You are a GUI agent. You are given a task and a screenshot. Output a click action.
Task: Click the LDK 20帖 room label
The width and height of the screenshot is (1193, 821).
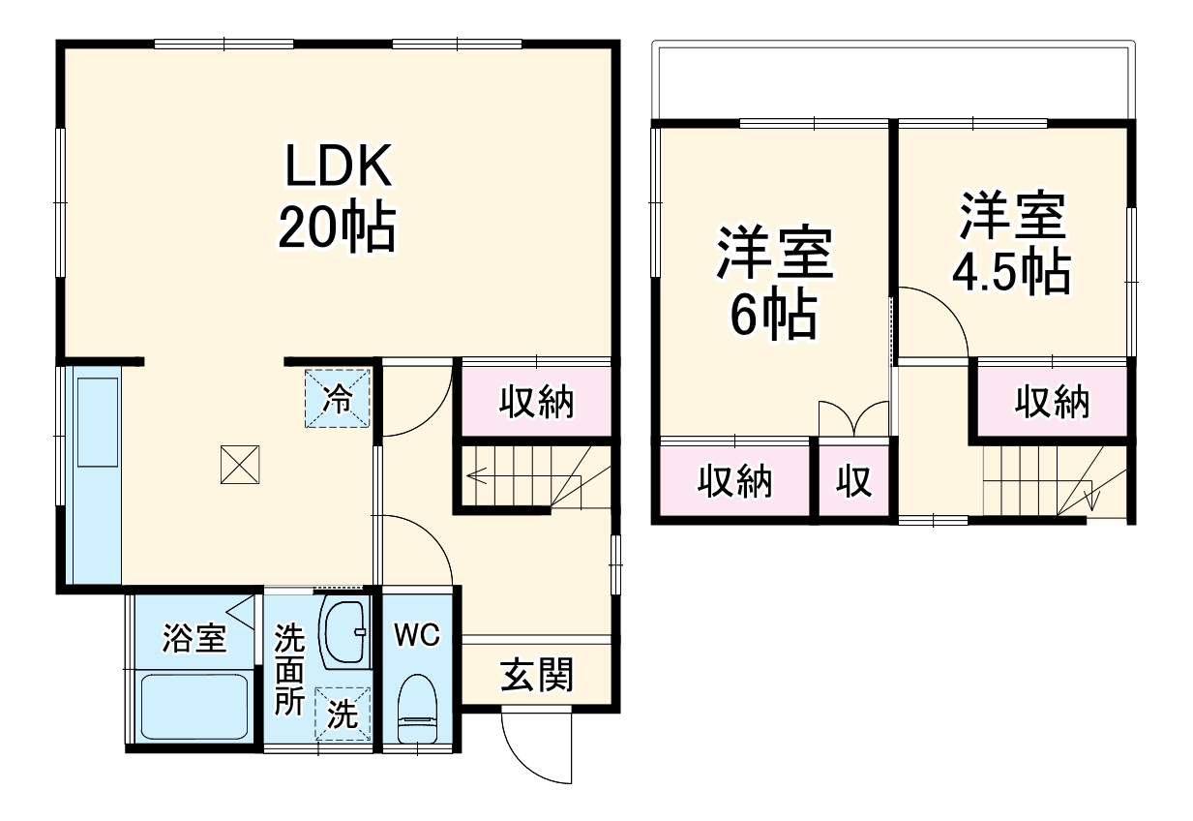coord(337,198)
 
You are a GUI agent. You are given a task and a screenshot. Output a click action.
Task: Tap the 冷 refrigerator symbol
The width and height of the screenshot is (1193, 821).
coord(338,398)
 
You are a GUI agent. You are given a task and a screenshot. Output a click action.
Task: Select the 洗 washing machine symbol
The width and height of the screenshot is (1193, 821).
coord(343,714)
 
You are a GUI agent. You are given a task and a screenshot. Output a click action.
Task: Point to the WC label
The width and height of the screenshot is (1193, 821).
coord(417,635)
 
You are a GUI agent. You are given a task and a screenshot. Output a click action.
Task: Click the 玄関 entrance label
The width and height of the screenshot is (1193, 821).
coord(536,675)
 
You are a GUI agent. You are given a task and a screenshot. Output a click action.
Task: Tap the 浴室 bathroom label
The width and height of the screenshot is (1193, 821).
coord(194,639)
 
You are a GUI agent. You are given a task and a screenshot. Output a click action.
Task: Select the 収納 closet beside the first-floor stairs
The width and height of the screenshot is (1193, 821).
coord(535,401)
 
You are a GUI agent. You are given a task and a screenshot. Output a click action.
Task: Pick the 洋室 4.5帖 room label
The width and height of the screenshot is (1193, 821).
coord(1011,242)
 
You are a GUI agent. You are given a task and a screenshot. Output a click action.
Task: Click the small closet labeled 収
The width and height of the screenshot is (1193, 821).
coord(854,480)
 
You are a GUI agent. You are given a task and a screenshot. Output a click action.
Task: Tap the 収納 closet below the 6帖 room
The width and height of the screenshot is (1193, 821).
coord(735,480)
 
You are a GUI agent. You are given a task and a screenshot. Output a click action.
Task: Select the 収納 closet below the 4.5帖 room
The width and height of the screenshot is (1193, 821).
coord(1051,401)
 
